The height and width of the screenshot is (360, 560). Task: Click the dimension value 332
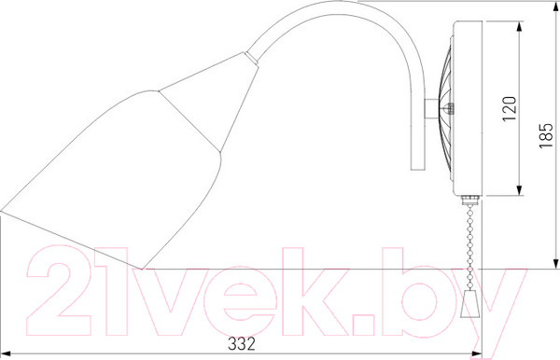[x=242, y=344]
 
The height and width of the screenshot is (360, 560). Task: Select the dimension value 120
[x=510, y=109]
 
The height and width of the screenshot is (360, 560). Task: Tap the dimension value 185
[x=546, y=136]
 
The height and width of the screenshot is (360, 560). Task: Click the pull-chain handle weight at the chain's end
[x=469, y=304]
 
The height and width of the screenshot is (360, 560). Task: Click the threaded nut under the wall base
[x=469, y=200]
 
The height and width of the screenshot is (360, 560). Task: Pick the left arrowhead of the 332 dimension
[x=6, y=353]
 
